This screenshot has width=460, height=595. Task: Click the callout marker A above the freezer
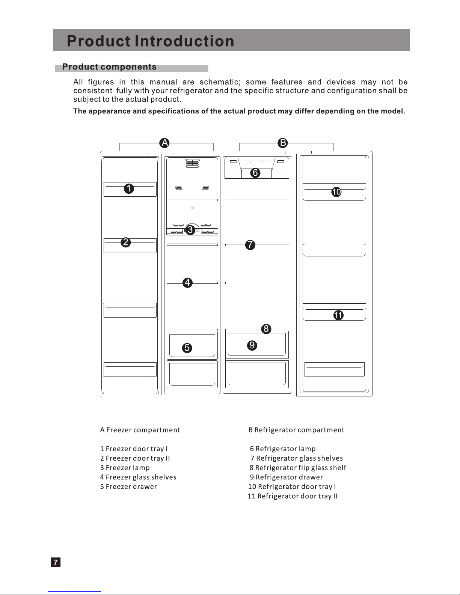pyautogui.click(x=164, y=143)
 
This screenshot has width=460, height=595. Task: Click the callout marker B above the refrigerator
pyautogui.click(x=282, y=143)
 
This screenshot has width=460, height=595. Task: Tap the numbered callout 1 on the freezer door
pyautogui.click(x=129, y=189)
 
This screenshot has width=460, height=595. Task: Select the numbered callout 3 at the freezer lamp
pyautogui.click(x=190, y=229)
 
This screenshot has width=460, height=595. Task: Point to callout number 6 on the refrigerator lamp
pyautogui.click(x=255, y=173)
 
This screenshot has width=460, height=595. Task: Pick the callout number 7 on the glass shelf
pyautogui.click(x=250, y=245)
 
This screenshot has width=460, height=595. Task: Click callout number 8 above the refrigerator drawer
pyautogui.click(x=266, y=329)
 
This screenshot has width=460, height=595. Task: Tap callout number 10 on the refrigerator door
pyautogui.click(x=336, y=192)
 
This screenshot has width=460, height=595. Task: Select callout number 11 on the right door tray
pyautogui.click(x=338, y=315)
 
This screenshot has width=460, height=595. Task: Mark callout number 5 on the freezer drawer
pyautogui.click(x=187, y=348)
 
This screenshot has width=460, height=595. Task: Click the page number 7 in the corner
pyautogui.click(x=56, y=562)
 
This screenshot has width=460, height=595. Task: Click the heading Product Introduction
pyautogui.click(x=151, y=41)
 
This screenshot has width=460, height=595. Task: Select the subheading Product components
pyautogui.click(x=109, y=67)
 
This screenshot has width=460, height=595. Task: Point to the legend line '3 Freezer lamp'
pyautogui.click(x=125, y=468)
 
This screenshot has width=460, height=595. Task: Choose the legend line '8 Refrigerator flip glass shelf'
pyautogui.click(x=298, y=468)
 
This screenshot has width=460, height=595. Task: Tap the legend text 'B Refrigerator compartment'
pyautogui.click(x=296, y=430)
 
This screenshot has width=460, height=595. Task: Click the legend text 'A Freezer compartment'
pyautogui.click(x=140, y=430)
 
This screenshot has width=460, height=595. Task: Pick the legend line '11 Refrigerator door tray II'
pyautogui.click(x=293, y=496)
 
